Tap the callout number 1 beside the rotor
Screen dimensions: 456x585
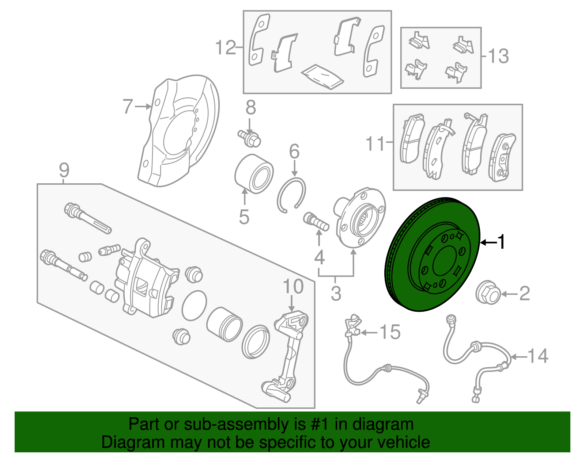(x=502, y=242)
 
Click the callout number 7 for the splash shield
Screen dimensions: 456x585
(x=128, y=106)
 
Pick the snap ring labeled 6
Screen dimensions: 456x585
(x=291, y=195)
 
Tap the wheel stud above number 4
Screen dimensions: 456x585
(x=316, y=222)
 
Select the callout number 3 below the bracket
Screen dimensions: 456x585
(x=336, y=293)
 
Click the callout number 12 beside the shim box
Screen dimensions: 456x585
(x=226, y=47)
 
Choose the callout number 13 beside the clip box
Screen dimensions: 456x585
(x=498, y=56)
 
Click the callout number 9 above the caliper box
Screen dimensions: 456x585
(x=64, y=170)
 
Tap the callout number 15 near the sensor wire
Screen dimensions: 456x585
(x=390, y=332)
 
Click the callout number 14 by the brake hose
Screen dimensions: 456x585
(x=538, y=356)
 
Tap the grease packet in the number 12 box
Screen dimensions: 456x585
(x=322, y=77)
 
